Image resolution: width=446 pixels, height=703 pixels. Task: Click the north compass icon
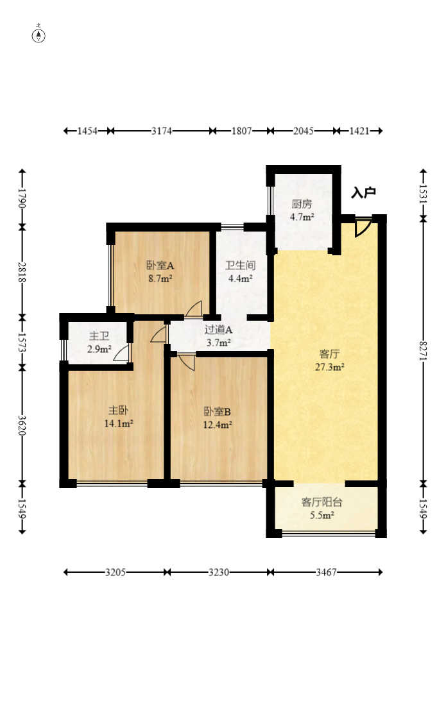[x=39, y=35]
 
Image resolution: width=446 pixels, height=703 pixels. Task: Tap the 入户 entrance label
[x=363, y=192]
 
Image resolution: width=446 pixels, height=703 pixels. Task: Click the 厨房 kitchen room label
[x=302, y=205]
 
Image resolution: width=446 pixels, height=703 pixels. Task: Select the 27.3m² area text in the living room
[x=329, y=368]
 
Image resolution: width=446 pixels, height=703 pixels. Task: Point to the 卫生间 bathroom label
[x=241, y=265]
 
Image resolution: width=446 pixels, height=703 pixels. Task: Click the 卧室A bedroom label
[x=160, y=265]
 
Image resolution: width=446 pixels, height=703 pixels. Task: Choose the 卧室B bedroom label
[x=218, y=411]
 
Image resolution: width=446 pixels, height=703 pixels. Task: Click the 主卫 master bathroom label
[x=99, y=336]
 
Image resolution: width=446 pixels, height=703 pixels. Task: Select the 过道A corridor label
[x=218, y=330]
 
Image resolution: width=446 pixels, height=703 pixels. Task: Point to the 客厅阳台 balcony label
[x=322, y=502]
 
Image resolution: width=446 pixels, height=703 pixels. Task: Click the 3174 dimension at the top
[x=161, y=131]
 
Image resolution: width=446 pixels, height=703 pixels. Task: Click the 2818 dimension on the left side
[x=22, y=272]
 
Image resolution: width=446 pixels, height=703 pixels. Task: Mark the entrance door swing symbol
[x=363, y=227]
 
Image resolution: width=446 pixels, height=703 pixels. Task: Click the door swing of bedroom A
[x=194, y=309]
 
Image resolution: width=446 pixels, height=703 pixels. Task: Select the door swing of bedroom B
[x=187, y=361]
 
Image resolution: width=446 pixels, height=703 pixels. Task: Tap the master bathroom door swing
[x=123, y=353]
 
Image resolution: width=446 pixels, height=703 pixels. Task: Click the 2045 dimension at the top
[x=303, y=131]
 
